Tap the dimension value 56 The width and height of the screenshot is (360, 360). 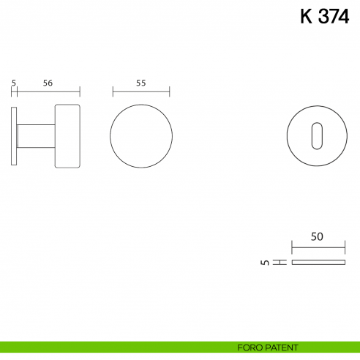point(47,83)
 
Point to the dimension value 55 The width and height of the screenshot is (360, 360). point(141,83)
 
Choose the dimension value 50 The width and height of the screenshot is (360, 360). point(317,237)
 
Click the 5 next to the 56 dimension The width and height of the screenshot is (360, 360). point(14,83)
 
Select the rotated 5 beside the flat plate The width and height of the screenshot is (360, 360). point(264,262)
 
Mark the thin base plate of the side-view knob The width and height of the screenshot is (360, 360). point(15,136)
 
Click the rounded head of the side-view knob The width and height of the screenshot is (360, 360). point(67,136)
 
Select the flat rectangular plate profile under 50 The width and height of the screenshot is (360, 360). point(318,262)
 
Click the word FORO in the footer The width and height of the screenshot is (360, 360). point(250,347)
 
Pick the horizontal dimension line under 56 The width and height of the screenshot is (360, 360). point(48,92)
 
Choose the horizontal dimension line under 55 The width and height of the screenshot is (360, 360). point(141,92)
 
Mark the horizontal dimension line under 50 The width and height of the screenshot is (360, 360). point(318,247)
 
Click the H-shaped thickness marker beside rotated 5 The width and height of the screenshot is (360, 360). point(279,262)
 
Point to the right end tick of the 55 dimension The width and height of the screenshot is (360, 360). point(170,92)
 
